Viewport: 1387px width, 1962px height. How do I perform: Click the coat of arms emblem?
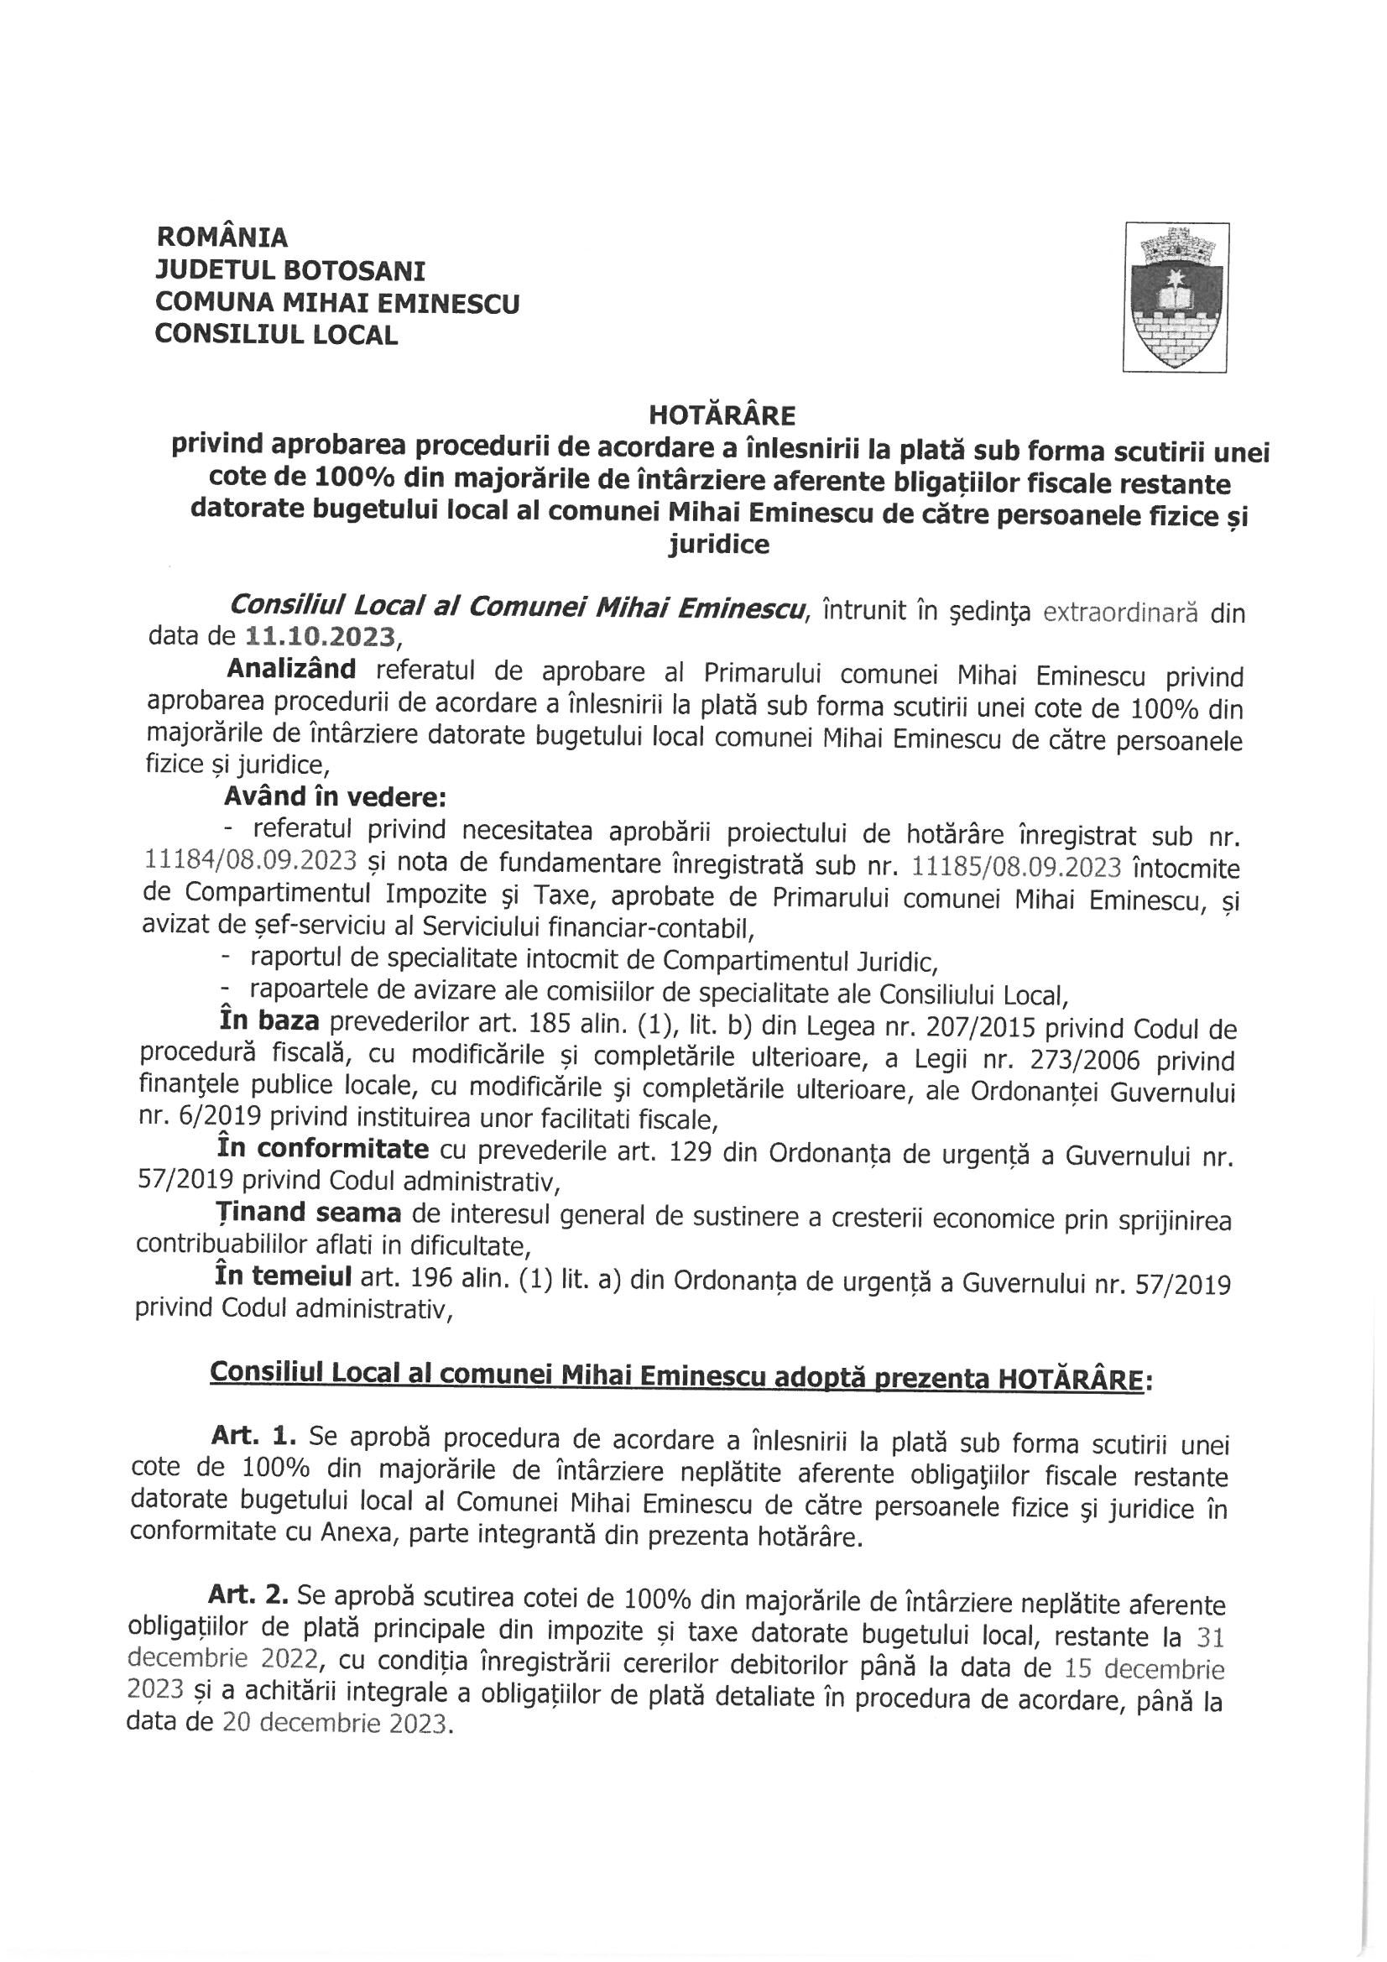click(x=1176, y=296)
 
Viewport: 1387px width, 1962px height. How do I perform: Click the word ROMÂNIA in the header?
click(x=222, y=237)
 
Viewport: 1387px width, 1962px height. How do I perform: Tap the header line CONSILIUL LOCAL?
click(x=276, y=335)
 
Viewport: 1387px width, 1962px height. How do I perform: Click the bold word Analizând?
click(x=289, y=671)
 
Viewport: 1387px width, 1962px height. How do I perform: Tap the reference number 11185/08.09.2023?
click(x=1016, y=867)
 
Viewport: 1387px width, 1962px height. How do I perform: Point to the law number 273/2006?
click(x=1081, y=1062)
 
